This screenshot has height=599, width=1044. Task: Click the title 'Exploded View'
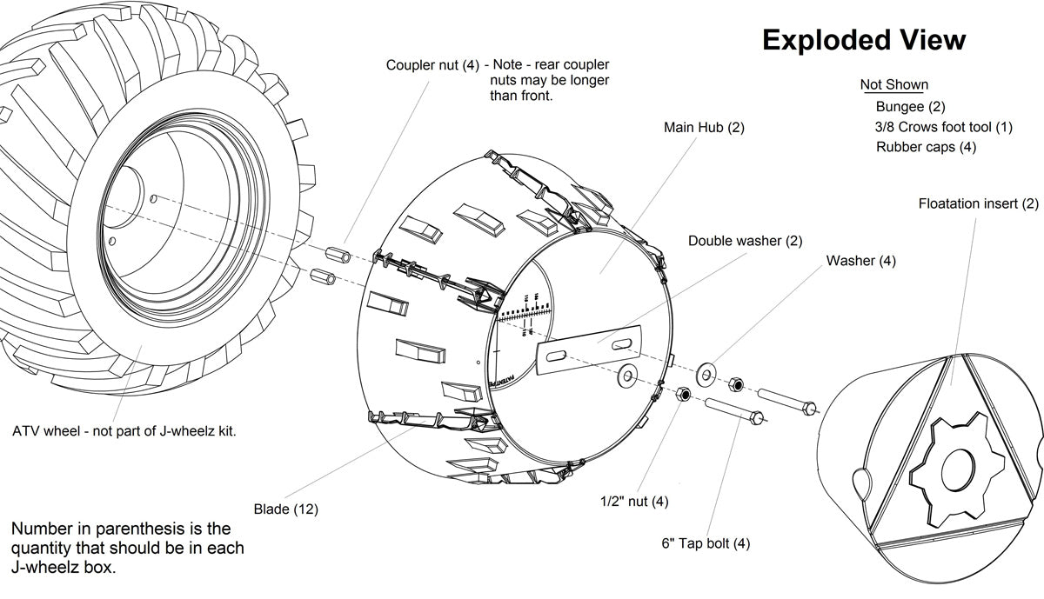pyautogui.click(x=863, y=40)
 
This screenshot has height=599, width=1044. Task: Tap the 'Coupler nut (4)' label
pyautogui.click(x=432, y=65)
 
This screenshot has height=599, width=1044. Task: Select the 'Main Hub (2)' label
pyautogui.click(x=704, y=128)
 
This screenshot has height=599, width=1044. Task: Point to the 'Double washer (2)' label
pyautogui.click(x=745, y=240)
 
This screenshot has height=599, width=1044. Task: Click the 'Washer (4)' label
pyautogui.click(x=860, y=261)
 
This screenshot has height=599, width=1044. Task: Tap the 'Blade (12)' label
pyautogui.click(x=285, y=509)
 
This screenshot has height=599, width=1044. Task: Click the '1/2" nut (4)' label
pyautogui.click(x=634, y=502)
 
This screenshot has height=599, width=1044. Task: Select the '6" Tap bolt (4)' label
pyautogui.click(x=706, y=544)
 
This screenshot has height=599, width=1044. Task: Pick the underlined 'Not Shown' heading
pyautogui.click(x=893, y=85)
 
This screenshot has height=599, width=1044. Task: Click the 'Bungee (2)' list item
pyautogui.click(x=910, y=107)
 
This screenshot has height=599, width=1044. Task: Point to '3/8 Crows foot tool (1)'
pyautogui.click(x=944, y=127)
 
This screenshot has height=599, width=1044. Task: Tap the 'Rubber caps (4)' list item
pyautogui.click(x=926, y=147)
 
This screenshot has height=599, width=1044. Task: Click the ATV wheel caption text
pyautogui.click(x=124, y=431)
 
